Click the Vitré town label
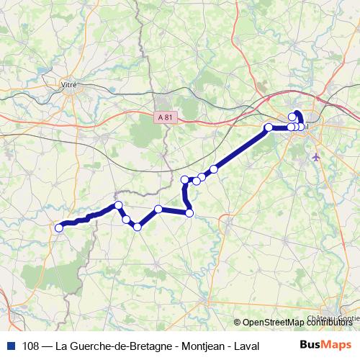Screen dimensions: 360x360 (x=70, y=84)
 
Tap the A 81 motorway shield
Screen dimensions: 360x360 (x=166, y=115)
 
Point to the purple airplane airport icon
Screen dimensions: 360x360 (x=316, y=156)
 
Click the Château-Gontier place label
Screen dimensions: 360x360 (x=333, y=318)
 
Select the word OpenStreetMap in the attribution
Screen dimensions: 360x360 (x=273, y=323)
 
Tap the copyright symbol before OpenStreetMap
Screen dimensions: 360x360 (x=238, y=323)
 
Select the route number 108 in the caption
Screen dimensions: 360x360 (x=31, y=345)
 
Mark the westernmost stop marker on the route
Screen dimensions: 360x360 (x=59, y=228)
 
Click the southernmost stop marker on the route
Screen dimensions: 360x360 (x=137, y=228)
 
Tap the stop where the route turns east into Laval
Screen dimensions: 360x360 (x=269, y=127)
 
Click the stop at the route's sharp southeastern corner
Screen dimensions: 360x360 (x=189, y=212)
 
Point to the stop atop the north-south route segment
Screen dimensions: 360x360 (x=185, y=179)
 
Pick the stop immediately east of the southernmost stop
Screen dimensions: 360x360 (x=158, y=210)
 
